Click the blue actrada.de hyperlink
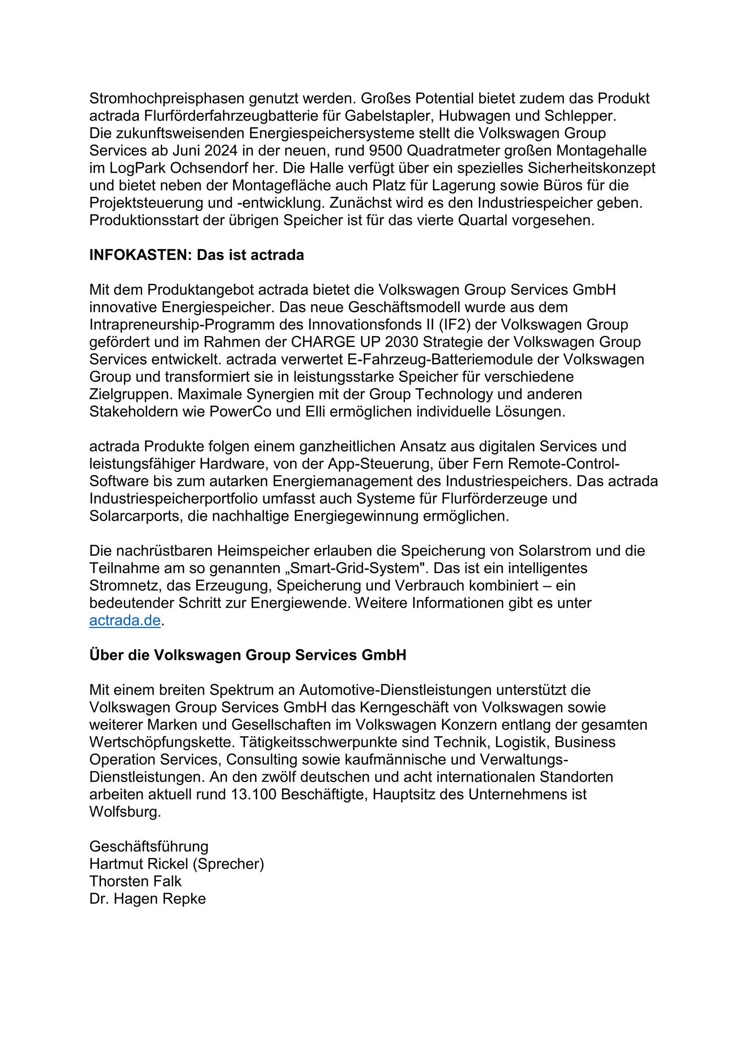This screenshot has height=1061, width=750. pos(125,621)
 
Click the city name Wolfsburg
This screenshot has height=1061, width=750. pos(125,812)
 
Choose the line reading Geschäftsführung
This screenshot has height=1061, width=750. pos(149,846)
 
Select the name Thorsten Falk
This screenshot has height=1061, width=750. pos(135,881)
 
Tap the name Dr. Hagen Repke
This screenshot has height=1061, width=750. pos(147,899)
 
